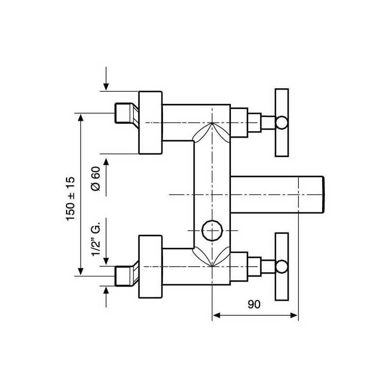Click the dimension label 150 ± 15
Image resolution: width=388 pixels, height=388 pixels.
coord(70,198)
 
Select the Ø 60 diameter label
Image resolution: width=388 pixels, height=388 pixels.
coord(96,178)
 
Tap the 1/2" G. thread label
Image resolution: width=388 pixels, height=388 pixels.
coord(96,239)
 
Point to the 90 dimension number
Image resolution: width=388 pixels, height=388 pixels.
coord(254,305)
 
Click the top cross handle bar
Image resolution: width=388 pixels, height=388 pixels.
coord(282,123)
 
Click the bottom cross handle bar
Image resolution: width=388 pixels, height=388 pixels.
coord(282,267)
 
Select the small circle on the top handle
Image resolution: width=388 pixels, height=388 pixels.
coord(282,123)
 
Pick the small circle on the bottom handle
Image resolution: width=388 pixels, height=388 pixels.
coord(282,267)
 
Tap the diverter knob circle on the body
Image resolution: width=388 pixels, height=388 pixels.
coord(212,230)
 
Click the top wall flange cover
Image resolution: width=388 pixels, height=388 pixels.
coord(150,123)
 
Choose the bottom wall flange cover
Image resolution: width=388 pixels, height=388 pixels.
coord(150,267)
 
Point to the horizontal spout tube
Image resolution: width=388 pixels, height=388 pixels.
coord(277,194)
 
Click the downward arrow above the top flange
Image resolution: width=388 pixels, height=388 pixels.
coord(106,79)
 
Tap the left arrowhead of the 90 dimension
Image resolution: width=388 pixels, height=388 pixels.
coord(216,315)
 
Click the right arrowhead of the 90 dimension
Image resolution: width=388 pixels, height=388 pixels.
coord(294,315)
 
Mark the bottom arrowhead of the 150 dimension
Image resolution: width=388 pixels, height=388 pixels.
coord(81,272)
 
